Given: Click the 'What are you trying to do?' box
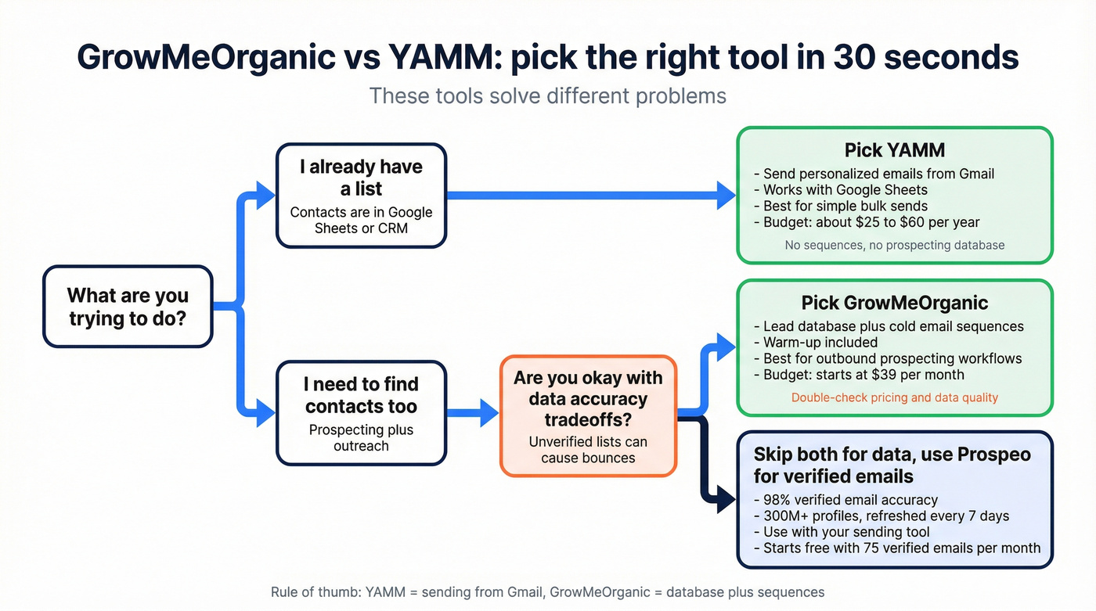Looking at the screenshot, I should pos(128,307).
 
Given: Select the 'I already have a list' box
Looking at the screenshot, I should pos(361,196).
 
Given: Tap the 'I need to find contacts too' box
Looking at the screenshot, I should pos(361,413).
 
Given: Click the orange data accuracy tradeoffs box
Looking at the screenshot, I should pos(588,416).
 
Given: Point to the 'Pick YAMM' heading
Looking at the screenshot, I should pos(894,149).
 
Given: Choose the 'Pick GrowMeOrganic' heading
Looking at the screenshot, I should pos(894,303).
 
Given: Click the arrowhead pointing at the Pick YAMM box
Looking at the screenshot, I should pos(726,194).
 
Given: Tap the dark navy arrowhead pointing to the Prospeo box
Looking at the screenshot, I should pos(726,498).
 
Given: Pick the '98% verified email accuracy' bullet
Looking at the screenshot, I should pos(845,499).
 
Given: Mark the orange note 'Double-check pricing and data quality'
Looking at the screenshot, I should pos(894,397).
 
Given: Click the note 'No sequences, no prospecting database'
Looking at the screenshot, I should pos(894,245).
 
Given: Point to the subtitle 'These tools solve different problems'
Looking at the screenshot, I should pos(547,96).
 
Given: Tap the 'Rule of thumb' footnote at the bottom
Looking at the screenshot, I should pos(547,591).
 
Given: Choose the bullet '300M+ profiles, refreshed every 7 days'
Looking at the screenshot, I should pos(881,516).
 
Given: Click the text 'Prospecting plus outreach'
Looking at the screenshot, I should pos(361,437).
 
